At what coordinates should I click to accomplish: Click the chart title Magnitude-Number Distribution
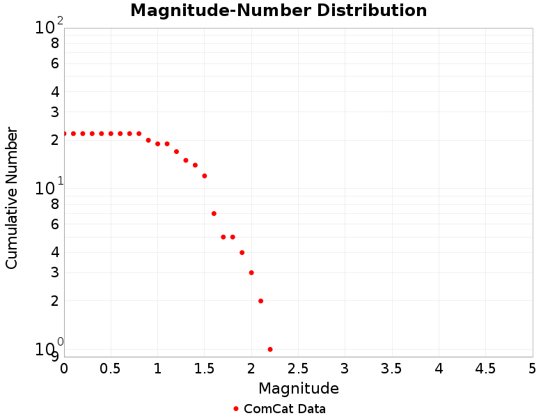tap(278, 10)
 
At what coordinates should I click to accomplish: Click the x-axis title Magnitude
tap(298, 388)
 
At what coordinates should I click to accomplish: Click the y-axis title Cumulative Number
tap(12, 198)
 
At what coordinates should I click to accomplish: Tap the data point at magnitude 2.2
tap(270, 349)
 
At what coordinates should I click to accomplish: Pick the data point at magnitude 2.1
tap(260, 301)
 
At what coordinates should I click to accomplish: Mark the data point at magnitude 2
tap(251, 272)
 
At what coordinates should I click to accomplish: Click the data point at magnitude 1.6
tap(214, 213)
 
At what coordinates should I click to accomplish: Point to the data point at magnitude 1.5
tap(205, 176)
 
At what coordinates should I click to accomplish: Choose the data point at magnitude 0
tap(64, 133)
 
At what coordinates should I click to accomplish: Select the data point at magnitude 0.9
tap(148, 140)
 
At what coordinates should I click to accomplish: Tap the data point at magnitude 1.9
tap(242, 252)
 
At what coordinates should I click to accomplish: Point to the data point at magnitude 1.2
tap(176, 151)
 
